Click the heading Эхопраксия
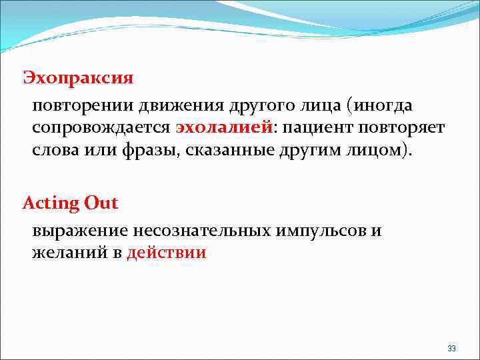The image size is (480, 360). [78, 78]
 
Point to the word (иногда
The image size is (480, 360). [385, 105]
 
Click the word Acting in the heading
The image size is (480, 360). [51, 203]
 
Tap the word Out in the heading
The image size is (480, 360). [101, 203]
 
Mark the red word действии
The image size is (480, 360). [167, 253]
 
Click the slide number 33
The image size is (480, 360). [451, 349]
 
